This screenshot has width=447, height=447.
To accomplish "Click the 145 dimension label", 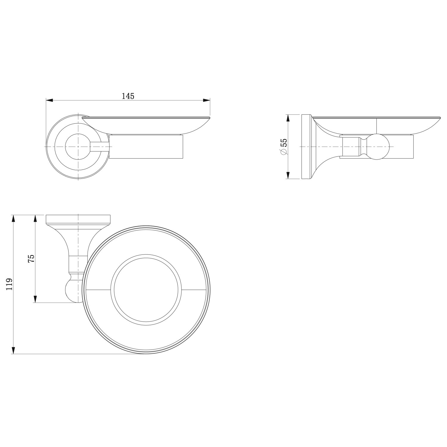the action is pyautogui.click(x=128, y=96).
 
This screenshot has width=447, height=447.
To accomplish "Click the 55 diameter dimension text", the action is pyautogui.click(x=284, y=142).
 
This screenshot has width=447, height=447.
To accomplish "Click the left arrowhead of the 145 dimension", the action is pyautogui.click(x=49, y=100).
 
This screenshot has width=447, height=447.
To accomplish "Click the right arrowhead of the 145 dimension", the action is pyautogui.click(x=206, y=100).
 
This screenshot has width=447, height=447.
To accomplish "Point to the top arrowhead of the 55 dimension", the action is pyautogui.click(x=288, y=118).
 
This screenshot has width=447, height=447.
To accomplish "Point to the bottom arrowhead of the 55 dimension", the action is pyautogui.click(x=288, y=175).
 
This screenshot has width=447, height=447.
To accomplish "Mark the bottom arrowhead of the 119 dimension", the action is pyautogui.click(x=13, y=350).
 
